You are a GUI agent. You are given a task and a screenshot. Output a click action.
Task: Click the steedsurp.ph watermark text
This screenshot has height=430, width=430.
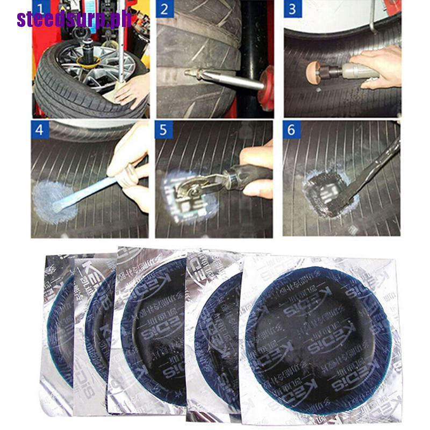coord(74,20)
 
